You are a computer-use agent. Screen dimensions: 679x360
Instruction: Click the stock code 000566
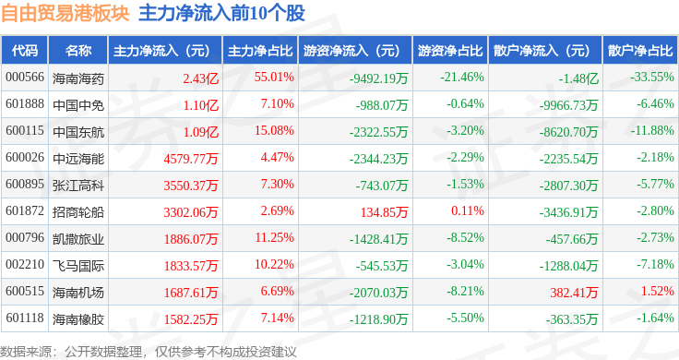click(25, 78)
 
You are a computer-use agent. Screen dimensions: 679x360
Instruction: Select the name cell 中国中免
click(78, 105)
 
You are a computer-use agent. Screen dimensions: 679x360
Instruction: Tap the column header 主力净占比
click(260, 51)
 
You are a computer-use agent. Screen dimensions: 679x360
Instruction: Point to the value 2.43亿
click(200, 78)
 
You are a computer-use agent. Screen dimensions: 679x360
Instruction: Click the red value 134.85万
click(384, 211)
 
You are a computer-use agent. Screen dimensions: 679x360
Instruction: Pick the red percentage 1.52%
click(658, 291)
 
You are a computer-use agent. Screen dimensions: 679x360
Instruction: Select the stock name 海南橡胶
click(78, 319)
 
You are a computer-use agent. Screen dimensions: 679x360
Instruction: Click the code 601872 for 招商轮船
click(25, 211)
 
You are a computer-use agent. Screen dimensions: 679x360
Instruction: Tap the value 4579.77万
click(191, 159)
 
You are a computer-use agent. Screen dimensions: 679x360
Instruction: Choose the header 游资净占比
click(450, 51)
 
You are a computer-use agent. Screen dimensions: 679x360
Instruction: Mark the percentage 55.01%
click(274, 78)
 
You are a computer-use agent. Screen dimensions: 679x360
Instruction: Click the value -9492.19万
click(379, 78)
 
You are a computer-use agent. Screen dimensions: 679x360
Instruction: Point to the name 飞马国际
click(78, 266)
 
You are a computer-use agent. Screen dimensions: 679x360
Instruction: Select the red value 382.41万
click(574, 293)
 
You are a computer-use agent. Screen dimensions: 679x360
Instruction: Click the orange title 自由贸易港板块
click(65, 13)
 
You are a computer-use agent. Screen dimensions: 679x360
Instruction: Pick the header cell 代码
click(25, 51)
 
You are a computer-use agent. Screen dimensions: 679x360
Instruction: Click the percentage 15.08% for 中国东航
click(274, 130)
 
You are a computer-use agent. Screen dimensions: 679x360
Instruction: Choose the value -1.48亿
click(578, 78)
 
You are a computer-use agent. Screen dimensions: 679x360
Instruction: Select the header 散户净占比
click(640, 51)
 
